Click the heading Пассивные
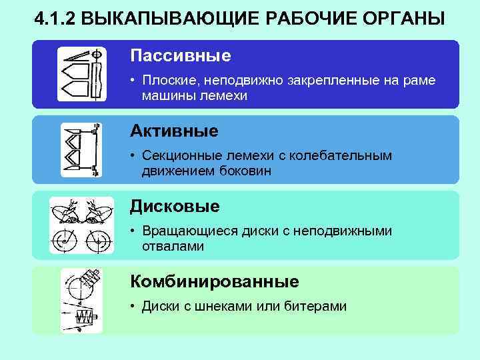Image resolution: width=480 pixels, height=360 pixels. (x=180, y=55)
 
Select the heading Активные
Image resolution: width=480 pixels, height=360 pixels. (x=174, y=131)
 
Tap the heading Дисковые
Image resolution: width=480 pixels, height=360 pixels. (x=175, y=206)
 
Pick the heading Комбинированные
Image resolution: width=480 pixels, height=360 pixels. (x=214, y=281)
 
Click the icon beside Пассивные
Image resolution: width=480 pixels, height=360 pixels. (x=81, y=73)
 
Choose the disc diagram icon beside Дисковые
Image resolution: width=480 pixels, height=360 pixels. (x=81, y=225)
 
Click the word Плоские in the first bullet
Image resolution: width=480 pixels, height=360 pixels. (x=166, y=81)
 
